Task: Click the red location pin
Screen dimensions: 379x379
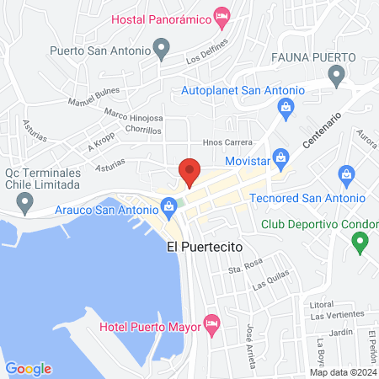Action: pyautogui.click(x=189, y=172)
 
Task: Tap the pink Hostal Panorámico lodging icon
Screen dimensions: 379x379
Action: pyautogui.click(x=222, y=16)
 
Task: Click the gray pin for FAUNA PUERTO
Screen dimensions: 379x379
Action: pyautogui.click(x=337, y=78)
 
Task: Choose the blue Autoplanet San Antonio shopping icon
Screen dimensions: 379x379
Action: pyautogui.click(x=286, y=108)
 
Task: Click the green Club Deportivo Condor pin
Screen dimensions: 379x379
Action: pyautogui.click(x=360, y=243)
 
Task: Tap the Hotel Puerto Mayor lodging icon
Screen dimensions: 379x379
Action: pyautogui.click(x=212, y=323)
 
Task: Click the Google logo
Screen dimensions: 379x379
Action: pyautogui.click(x=29, y=368)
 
